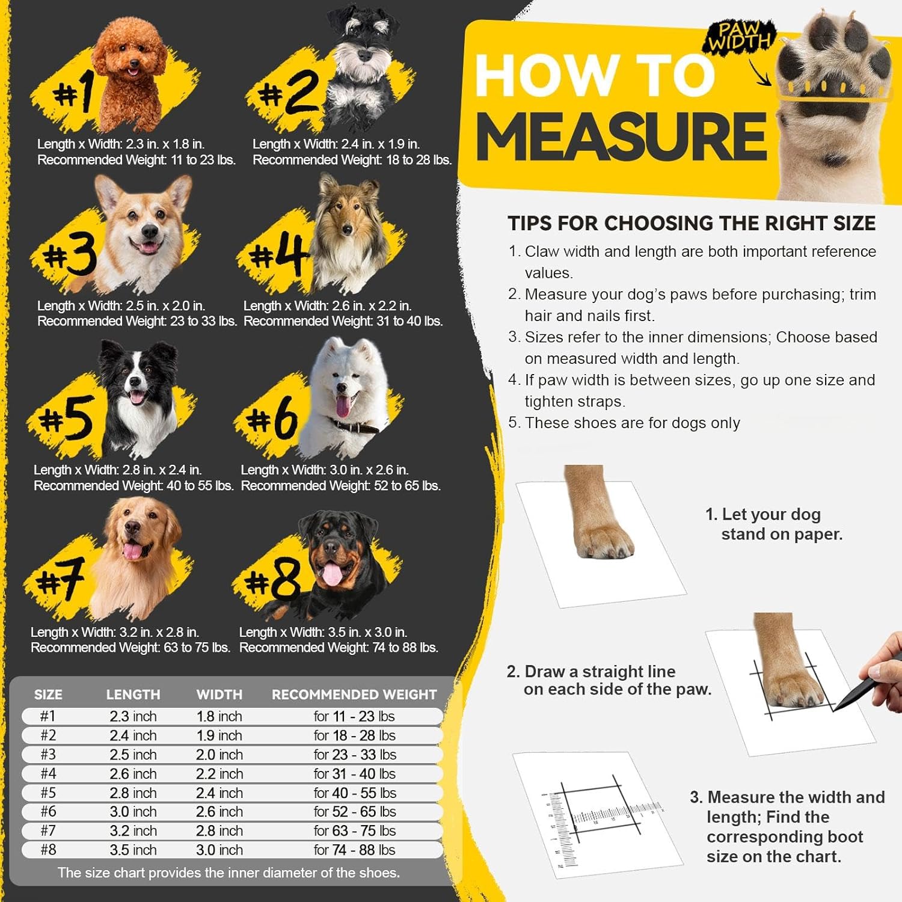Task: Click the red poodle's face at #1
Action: pos(130,63)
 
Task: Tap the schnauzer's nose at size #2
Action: pos(363,55)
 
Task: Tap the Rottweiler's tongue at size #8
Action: pos(331,574)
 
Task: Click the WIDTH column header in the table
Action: pos(219,695)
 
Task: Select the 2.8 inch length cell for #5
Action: pos(133,793)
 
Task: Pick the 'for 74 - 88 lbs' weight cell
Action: pos(354,850)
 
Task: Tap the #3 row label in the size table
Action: pos(48,754)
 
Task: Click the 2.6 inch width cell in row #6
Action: pos(219,812)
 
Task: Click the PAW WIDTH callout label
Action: pos(738,37)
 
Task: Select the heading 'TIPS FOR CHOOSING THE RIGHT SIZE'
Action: pos(692,223)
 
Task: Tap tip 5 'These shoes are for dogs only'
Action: pos(631,423)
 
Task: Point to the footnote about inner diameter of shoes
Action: pos(229,873)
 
